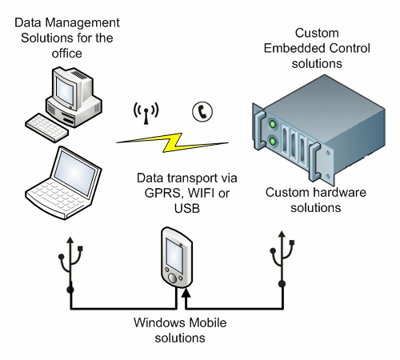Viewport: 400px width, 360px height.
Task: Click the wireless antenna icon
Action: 142,115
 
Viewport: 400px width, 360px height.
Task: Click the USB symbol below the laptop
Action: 71,260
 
